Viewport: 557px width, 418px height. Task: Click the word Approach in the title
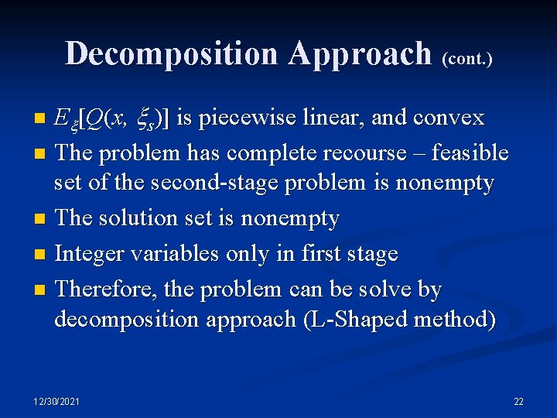point(361,53)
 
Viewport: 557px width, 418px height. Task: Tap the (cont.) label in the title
point(467,57)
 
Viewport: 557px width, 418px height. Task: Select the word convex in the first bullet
point(449,118)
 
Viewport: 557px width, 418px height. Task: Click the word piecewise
point(246,118)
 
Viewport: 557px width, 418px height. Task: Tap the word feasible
point(470,152)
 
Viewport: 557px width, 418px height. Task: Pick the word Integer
point(91,253)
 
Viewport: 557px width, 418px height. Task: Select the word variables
point(180,253)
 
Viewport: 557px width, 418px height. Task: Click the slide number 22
point(518,401)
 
